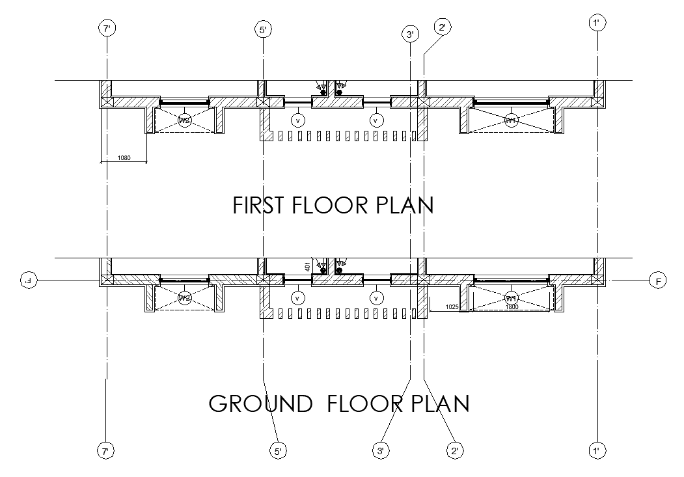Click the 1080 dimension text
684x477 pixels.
(x=124, y=157)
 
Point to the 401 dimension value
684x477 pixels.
(x=307, y=266)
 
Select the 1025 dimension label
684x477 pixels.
(x=453, y=306)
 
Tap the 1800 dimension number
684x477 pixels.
(x=512, y=306)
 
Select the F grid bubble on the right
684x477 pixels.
(x=658, y=281)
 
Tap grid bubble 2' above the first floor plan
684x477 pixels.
(x=442, y=27)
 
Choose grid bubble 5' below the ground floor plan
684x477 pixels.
(x=278, y=450)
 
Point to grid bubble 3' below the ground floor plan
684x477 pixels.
(x=381, y=450)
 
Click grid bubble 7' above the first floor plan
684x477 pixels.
(x=107, y=28)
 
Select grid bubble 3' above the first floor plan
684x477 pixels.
(x=410, y=34)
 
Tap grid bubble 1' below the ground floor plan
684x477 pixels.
(x=597, y=450)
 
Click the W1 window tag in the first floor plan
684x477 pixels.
(x=512, y=120)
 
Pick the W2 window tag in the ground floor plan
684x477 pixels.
(x=185, y=298)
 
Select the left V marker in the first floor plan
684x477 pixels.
(x=298, y=120)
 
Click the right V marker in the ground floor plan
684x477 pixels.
(x=376, y=298)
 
